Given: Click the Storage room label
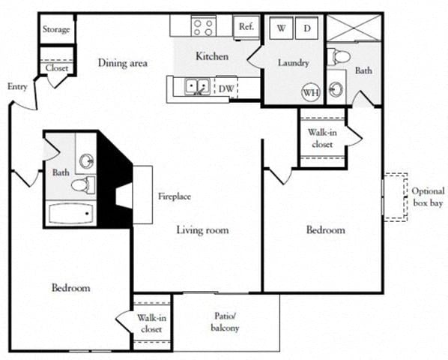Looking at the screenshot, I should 56,30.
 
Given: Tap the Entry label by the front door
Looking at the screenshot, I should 17,87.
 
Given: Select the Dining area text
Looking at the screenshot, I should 122,63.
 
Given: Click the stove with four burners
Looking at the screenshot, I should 203,27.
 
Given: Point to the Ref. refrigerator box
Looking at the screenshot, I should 246,26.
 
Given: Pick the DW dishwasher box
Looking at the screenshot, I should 225,88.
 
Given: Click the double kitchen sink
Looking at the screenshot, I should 198,88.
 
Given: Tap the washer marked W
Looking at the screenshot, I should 281,28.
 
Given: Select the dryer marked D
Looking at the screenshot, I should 307,28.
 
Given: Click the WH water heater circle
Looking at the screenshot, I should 310,92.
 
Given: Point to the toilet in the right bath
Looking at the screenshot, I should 340,55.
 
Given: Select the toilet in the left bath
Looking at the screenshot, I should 83,184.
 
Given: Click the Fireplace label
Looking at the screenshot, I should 174,196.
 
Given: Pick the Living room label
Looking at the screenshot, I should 202,229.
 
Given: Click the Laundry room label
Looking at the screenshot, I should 293,63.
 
